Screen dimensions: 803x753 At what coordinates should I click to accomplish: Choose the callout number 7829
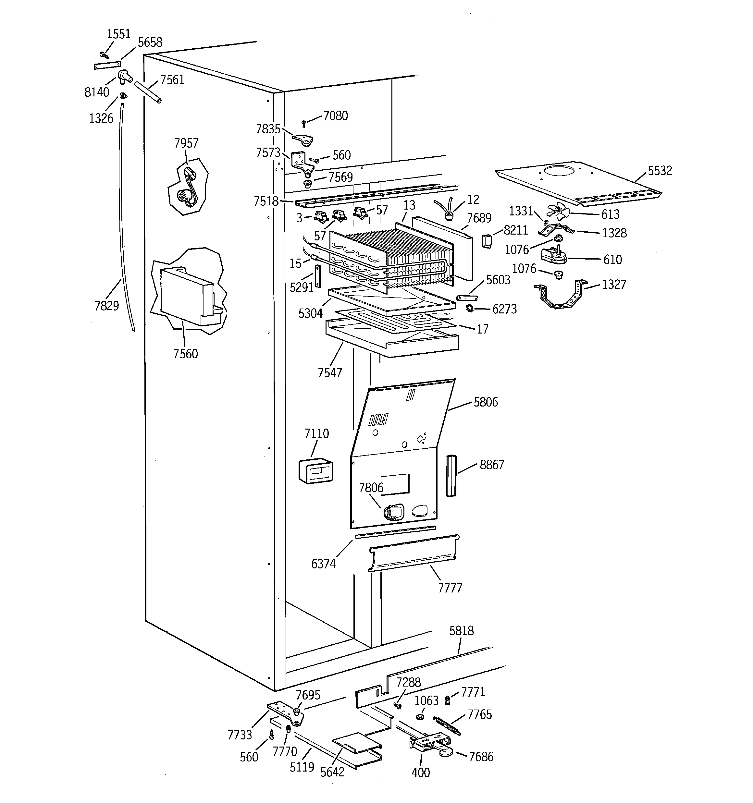click(x=107, y=306)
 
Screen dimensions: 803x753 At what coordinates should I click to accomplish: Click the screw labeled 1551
click(x=103, y=54)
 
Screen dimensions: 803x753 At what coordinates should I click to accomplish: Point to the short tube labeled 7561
click(x=148, y=92)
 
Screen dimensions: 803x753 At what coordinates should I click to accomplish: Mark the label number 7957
click(x=186, y=143)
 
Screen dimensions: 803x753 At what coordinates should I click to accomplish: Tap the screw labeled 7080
click(x=304, y=124)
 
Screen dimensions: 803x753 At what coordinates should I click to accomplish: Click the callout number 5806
click(x=486, y=402)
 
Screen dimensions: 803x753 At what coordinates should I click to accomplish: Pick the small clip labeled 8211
click(x=487, y=241)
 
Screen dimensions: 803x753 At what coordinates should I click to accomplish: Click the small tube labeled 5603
click(x=467, y=298)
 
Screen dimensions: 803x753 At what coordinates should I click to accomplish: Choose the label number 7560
click(x=186, y=354)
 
